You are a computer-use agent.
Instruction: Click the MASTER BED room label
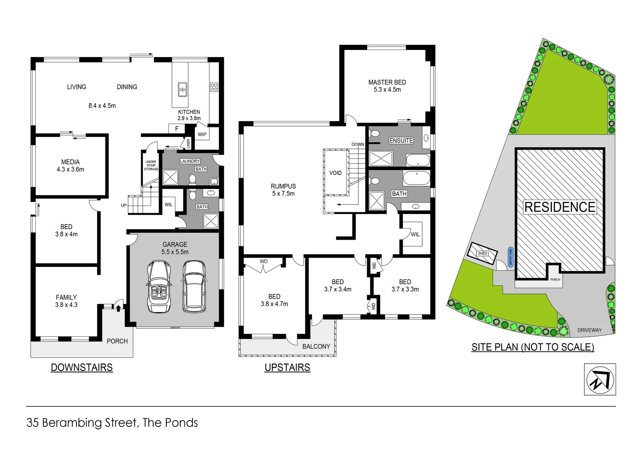[x=387, y=82]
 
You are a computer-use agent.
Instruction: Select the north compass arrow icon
[x=600, y=380]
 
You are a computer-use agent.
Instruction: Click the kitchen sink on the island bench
[x=182, y=89]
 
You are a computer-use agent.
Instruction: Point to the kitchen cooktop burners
[x=214, y=87]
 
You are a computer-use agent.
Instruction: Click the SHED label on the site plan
[x=482, y=253]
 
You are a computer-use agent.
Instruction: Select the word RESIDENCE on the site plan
[x=560, y=207]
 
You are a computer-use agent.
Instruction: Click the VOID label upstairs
[x=335, y=173]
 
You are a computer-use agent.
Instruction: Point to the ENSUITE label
[x=401, y=140]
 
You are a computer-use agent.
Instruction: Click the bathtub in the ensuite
[x=418, y=160]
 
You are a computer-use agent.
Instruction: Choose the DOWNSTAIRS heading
[x=82, y=367]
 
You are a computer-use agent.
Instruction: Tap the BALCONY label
[x=316, y=346]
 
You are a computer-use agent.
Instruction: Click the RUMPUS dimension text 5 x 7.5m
[x=283, y=194]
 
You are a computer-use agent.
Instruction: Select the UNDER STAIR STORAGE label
[x=151, y=165]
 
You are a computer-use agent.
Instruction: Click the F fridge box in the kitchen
[x=176, y=129]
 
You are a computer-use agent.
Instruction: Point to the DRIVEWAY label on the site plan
[x=589, y=330]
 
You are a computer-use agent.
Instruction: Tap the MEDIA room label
[x=70, y=162]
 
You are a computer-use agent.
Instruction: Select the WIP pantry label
[x=202, y=135]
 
